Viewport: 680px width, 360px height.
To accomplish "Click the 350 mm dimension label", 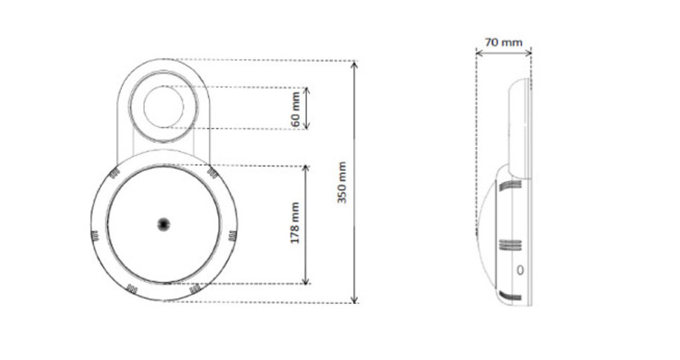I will [342, 183].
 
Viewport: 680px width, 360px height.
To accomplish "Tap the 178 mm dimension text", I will [295, 223].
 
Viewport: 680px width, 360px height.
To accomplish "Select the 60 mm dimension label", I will [296, 109].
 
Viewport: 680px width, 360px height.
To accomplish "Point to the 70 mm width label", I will [503, 42].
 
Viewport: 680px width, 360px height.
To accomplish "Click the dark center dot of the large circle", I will [163, 223].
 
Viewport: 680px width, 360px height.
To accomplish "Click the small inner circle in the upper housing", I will [163, 106].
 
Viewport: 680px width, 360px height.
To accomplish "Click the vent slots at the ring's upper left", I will [115, 174].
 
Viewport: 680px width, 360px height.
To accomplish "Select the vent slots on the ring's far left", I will [95, 237].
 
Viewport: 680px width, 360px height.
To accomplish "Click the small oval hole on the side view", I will [520, 271].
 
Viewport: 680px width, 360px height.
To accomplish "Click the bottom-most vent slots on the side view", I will [509, 296].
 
